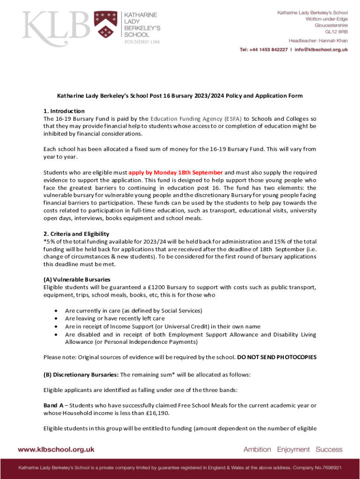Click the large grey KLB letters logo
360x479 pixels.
point(56,26)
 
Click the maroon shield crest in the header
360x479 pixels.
point(105,25)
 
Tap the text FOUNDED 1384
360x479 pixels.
point(142,42)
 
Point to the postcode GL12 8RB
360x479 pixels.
point(337,31)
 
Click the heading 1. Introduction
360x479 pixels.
point(64,111)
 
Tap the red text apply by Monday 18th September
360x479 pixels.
point(175,172)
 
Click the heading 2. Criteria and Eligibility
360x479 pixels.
point(76,233)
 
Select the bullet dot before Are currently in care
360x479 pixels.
point(57,311)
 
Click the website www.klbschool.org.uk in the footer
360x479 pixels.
point(56,449)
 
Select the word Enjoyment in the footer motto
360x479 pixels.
point(293,449)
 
